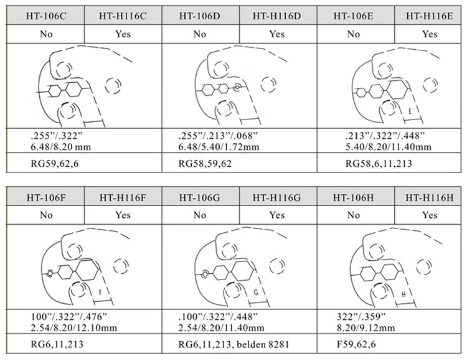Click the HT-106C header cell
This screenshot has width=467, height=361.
[45, 16]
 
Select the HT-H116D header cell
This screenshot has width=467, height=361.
[277, 16]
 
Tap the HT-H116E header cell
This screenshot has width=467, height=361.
[429, 16]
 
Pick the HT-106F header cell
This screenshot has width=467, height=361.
[45, 197]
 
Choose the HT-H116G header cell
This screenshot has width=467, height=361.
[277, 197]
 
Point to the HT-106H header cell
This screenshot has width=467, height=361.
[354, 197]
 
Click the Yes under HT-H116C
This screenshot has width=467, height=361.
[123, 34]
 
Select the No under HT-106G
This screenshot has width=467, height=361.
[200, 215]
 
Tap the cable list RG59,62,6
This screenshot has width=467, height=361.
[55, 164]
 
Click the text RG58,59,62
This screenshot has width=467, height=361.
[205, 164]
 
